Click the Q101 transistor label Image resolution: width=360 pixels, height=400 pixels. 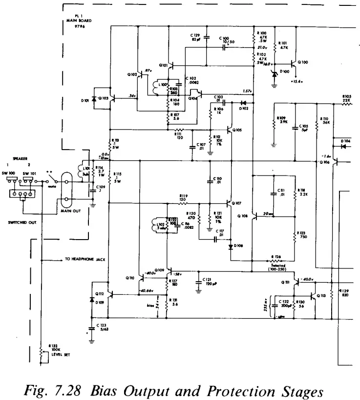click(x=163, y=65)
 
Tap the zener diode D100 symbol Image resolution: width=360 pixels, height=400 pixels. click(x=275, y=74)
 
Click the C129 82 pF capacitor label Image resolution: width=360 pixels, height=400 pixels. click(x=195, y=38)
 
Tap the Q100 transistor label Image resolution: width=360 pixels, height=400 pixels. click(x=303, y=62)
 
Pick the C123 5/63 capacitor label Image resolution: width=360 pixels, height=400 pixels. click(x=102, y=327)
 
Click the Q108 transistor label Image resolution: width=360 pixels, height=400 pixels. click(x=242, y=215)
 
